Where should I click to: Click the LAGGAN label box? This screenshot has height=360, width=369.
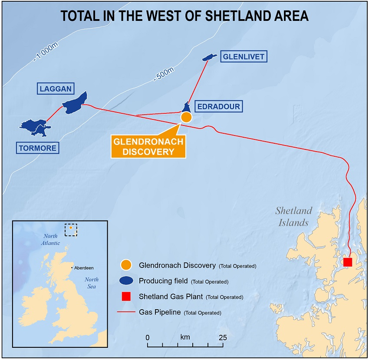tap(56, 89)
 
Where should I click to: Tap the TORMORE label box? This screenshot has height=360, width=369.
tap(37, 148)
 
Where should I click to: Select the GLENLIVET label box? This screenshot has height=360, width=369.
tap(243, 56)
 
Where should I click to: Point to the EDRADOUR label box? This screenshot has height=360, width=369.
tap(217, 106)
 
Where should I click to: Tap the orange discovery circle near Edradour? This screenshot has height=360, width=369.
tap(186, 117)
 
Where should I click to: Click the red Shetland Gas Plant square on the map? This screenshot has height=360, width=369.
tap(347, 262)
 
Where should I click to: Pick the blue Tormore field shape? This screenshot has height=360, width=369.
tap(35, 126)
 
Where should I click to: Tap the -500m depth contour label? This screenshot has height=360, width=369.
tap(163, 74)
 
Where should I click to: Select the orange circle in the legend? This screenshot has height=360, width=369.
tap(125, 265)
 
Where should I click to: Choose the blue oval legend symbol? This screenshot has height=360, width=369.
tap(125, 281)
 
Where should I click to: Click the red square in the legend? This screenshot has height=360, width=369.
tap(125, 297)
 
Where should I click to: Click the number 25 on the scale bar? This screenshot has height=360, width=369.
tap(223, 337)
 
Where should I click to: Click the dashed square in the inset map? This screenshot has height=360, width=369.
tap(70, 229)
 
